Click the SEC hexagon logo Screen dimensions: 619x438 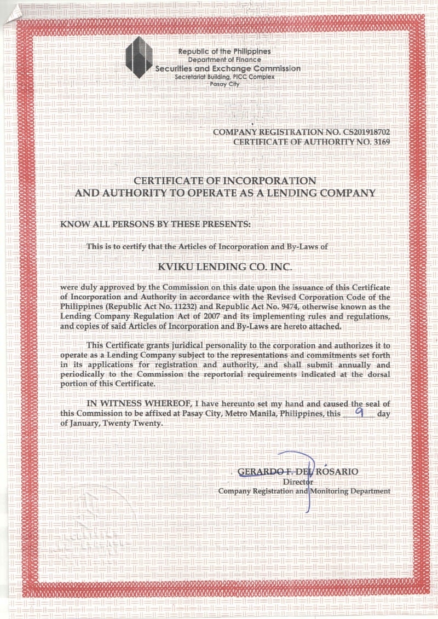[x=139, y=57]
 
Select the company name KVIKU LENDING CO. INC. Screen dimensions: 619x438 [x=225, y=267]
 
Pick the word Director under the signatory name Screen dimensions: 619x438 [x=298, y=482]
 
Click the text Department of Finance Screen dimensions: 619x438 [x=224, y=59]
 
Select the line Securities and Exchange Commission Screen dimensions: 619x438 [x=228, y=68]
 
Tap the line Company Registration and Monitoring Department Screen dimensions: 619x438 [x=304, y=491]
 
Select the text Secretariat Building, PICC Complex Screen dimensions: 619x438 [x=224, y=77]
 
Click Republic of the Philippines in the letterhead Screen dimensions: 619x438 [x=224, y=51]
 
